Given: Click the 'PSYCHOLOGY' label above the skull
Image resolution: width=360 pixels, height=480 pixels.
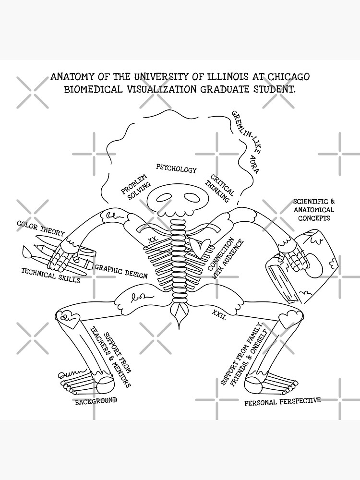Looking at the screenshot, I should [176, 169].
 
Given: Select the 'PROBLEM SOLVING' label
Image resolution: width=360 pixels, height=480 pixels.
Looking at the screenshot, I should [136, 185].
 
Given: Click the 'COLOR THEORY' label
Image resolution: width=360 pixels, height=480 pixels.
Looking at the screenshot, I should [40, 228].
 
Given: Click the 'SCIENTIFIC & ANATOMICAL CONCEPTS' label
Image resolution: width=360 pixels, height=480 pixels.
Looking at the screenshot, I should [313, 210].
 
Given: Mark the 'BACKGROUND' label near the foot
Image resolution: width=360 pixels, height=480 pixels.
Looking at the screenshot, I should [96, 401].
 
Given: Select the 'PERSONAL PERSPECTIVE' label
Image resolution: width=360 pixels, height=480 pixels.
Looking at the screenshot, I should [282, 401].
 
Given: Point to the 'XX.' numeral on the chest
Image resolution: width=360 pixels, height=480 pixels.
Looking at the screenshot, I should [153, 239].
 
